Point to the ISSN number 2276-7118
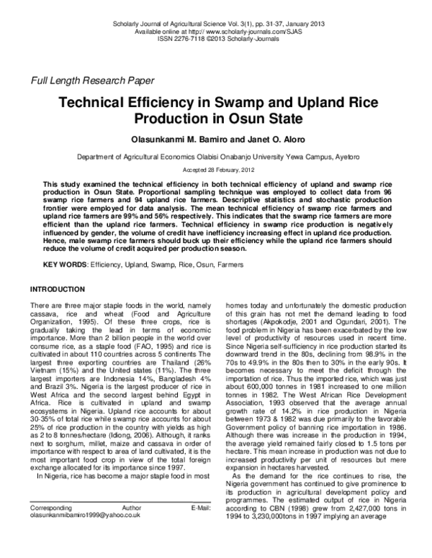[192, 40]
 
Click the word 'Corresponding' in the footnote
[53, 528]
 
